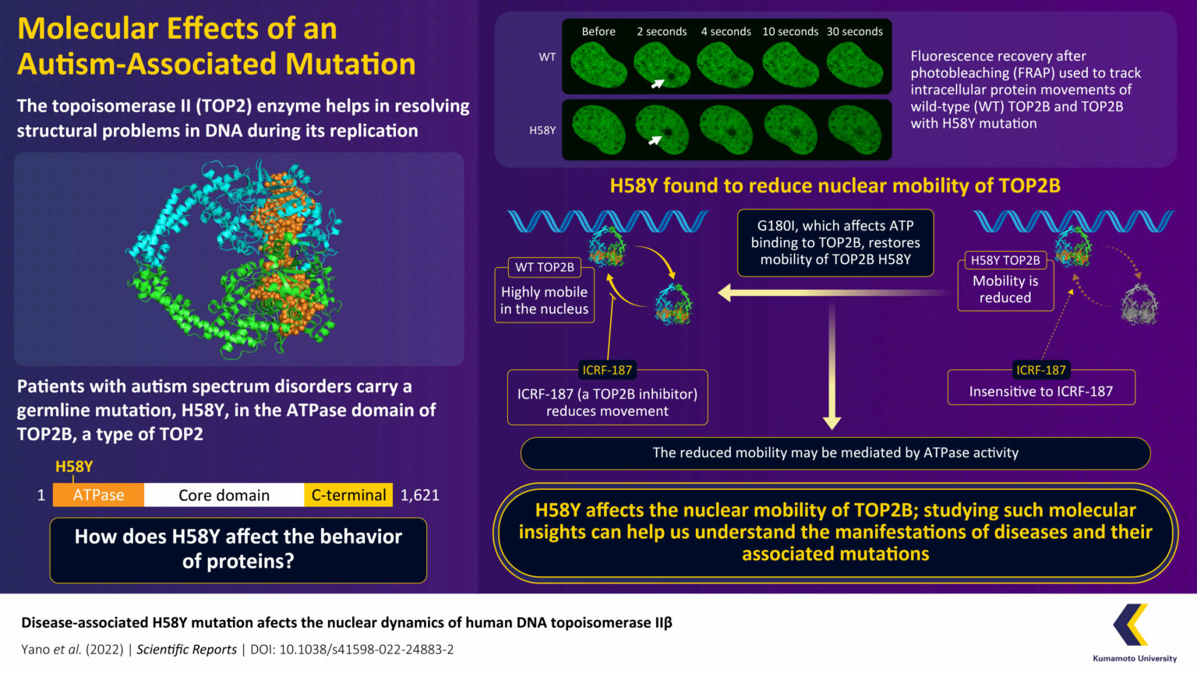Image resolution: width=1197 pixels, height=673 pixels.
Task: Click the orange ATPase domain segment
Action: (98, 495)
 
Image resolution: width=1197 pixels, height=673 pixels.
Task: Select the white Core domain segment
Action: (224, 495)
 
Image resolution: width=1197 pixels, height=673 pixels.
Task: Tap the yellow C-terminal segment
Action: (348, 495)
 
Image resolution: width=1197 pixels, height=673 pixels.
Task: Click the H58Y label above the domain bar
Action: (74, 467)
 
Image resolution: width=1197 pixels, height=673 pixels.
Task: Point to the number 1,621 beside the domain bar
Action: (419, 495)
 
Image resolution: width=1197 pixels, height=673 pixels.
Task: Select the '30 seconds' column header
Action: (854, 31)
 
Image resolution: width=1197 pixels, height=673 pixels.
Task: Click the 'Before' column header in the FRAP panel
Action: (598, 31)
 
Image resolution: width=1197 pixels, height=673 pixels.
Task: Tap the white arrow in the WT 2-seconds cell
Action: (657, 83)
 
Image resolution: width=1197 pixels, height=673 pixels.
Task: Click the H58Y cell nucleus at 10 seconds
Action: (790, 129)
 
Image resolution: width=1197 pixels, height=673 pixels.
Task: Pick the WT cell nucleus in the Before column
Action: (598, 65)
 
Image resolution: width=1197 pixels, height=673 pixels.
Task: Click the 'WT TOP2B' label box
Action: (544, 267)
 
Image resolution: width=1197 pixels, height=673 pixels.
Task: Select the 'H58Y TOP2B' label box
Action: (1005, 260)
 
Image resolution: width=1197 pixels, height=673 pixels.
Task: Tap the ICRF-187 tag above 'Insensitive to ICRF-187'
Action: (1040, 370)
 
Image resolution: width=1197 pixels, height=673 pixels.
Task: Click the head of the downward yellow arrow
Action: (832, 423)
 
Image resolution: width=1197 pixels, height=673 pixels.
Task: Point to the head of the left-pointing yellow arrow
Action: (725, 293)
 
